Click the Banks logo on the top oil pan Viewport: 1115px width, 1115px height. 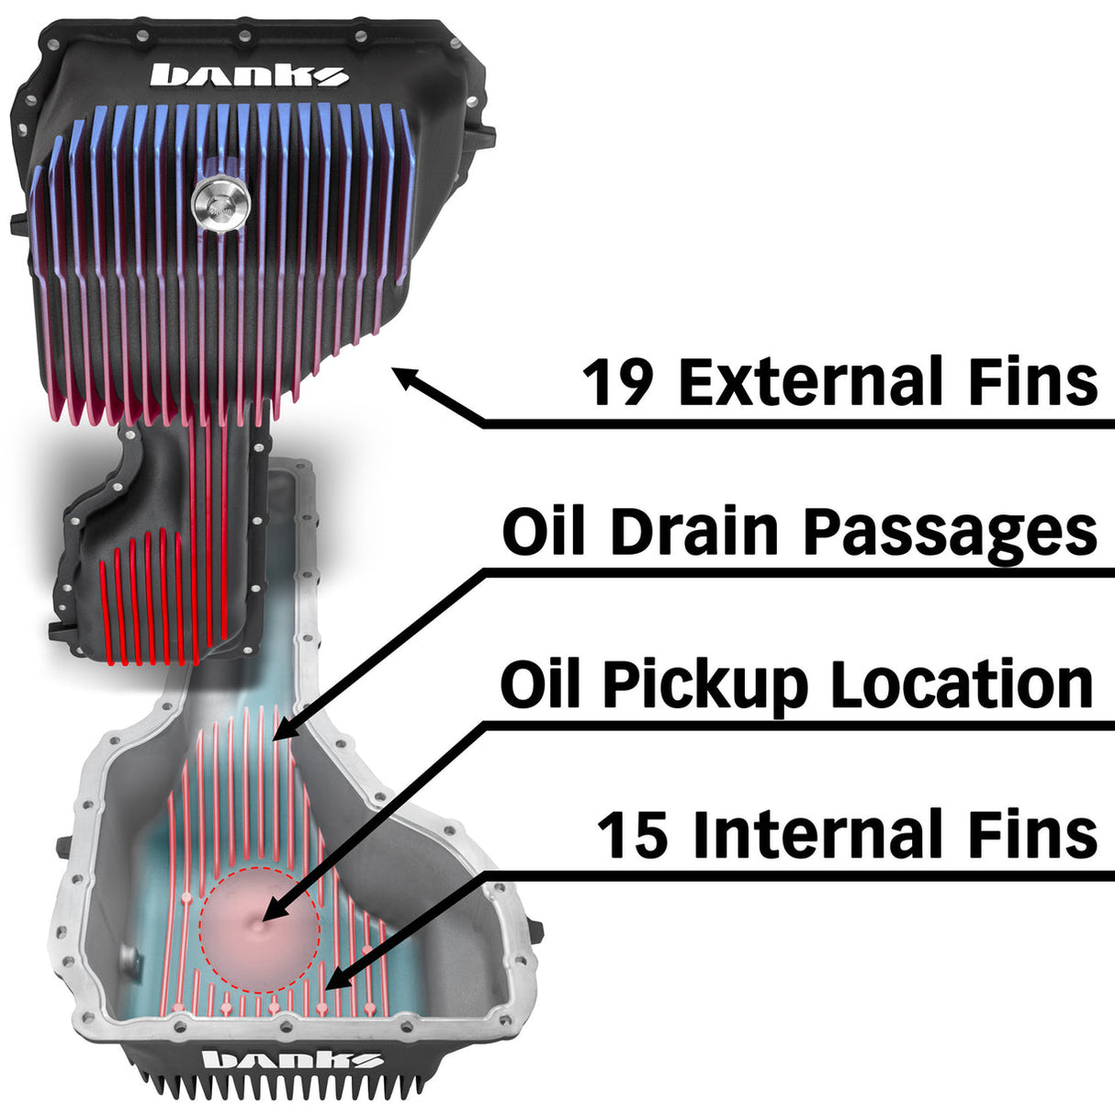[x=249, y=74]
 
